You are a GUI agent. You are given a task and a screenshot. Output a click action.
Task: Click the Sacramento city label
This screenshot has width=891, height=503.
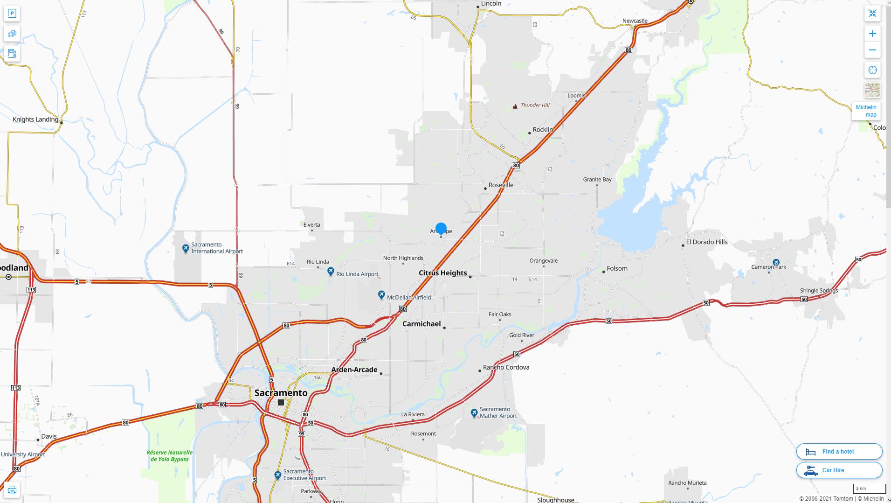281,393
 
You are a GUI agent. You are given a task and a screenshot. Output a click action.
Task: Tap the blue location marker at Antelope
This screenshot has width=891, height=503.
441,229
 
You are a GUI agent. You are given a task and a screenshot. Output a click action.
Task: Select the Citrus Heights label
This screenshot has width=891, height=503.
442,273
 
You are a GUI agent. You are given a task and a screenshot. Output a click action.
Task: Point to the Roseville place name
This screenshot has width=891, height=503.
501,185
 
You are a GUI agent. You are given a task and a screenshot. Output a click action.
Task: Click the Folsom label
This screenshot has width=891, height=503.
617,268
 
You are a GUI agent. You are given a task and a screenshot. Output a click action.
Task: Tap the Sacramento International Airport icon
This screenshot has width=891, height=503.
186,248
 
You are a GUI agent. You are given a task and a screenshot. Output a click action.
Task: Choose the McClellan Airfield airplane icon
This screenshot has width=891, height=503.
381,295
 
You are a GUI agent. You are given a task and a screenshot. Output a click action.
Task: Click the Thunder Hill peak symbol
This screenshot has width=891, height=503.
515,106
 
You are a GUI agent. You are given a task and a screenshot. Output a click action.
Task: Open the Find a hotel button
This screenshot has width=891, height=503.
839,452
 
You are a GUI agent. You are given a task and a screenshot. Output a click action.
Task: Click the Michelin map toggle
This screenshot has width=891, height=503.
866,111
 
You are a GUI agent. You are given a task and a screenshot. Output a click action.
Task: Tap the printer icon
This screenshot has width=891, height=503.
12,490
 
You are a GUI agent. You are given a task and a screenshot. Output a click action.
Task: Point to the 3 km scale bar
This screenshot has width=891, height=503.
869,489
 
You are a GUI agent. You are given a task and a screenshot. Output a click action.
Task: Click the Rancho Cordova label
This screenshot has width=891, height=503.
506,367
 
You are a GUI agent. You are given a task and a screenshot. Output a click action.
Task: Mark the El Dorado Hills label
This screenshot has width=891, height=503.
706,242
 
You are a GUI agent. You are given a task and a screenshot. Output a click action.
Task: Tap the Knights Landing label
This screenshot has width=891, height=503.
35,119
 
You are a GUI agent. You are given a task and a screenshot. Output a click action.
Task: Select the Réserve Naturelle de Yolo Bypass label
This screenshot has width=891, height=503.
169,456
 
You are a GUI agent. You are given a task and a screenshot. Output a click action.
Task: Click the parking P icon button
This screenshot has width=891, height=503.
12,14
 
